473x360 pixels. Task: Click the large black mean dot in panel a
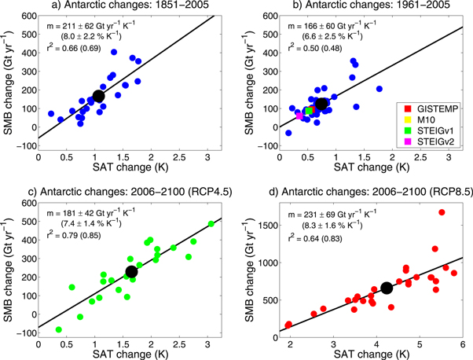pos(99,96)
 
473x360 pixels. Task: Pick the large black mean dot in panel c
pos(131,271)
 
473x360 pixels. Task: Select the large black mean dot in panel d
pos(387,288)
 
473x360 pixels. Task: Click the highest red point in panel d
pos(442,212)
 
